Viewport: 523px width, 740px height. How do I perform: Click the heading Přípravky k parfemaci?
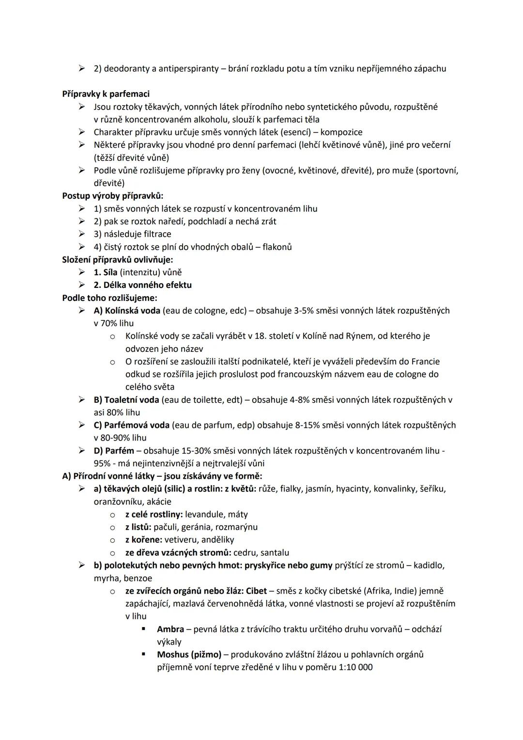coord(106,94)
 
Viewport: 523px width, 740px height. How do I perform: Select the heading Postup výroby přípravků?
coord(113,196)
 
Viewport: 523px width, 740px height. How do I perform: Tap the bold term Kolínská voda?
coord(132,311)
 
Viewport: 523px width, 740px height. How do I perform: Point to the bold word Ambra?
coord(170,629)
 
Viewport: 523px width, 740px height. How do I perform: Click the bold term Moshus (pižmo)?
coord(189,654)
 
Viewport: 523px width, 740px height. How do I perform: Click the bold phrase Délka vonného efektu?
coord(147,285)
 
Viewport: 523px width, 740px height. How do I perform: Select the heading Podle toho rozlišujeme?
coord(109,298)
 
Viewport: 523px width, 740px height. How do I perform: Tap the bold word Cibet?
coord(256,591)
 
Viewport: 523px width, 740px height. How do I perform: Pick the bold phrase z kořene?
coord(144,539)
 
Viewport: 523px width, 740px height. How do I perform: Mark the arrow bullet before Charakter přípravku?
coord(83,132)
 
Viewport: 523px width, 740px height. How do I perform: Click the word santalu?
coord(275,552)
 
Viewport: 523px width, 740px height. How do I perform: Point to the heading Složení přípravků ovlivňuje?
coord(118,259)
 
